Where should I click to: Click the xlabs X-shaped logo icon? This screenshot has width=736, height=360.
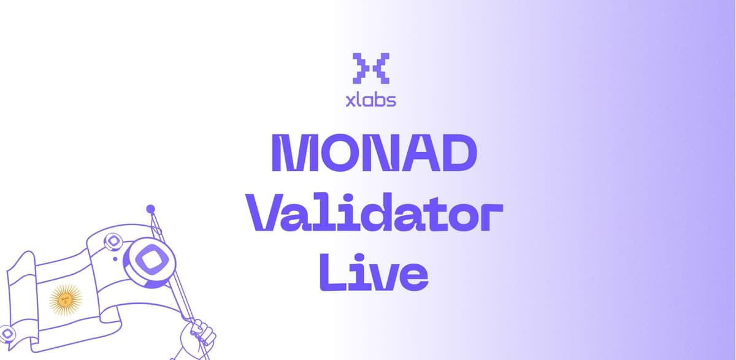(x=371, y=67)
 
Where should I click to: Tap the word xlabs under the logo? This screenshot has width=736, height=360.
(x=370, y=99)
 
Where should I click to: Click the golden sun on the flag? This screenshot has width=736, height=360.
(x=66, y=300)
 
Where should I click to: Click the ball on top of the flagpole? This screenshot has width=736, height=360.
(x=150, y=210)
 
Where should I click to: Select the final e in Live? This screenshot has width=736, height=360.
(x=412, y=277)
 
